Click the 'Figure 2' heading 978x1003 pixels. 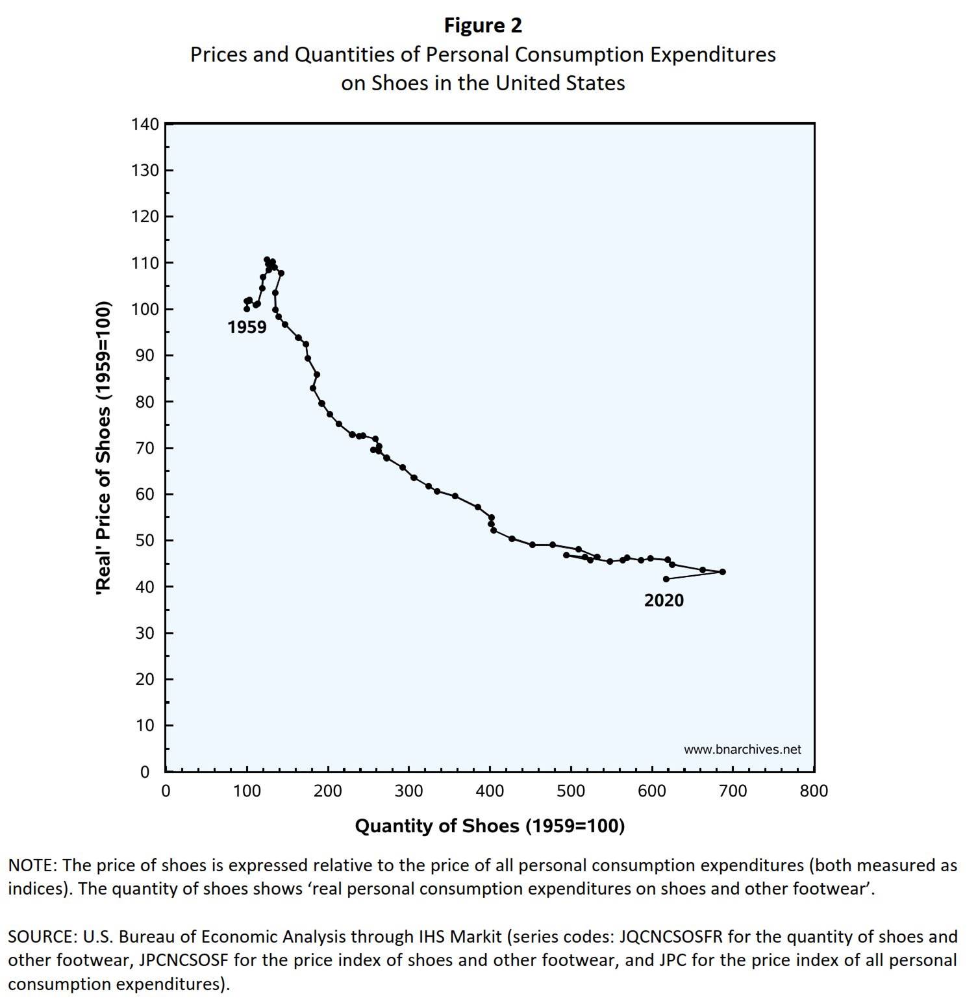483,25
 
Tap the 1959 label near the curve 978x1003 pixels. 247,327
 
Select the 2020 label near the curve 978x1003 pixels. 664,601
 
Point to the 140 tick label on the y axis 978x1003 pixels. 145,124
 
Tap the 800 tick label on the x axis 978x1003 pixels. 814,791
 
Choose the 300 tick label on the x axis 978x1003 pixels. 408,791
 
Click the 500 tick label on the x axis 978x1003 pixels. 571,791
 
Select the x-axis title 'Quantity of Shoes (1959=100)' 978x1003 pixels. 490,826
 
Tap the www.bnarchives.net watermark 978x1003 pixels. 742,749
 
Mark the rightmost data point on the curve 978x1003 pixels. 723,572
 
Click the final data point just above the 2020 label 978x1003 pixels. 666,579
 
